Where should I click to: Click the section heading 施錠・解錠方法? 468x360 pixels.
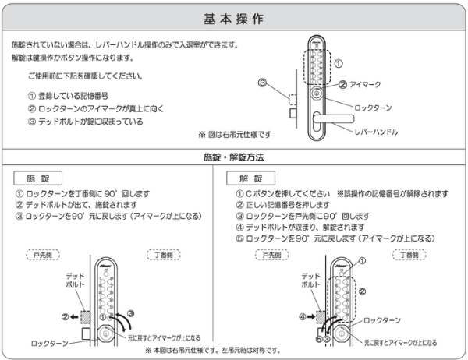pos(233,157)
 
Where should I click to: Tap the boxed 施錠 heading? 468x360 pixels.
pos(43,178)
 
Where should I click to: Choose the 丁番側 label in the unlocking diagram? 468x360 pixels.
pos(409,255)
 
